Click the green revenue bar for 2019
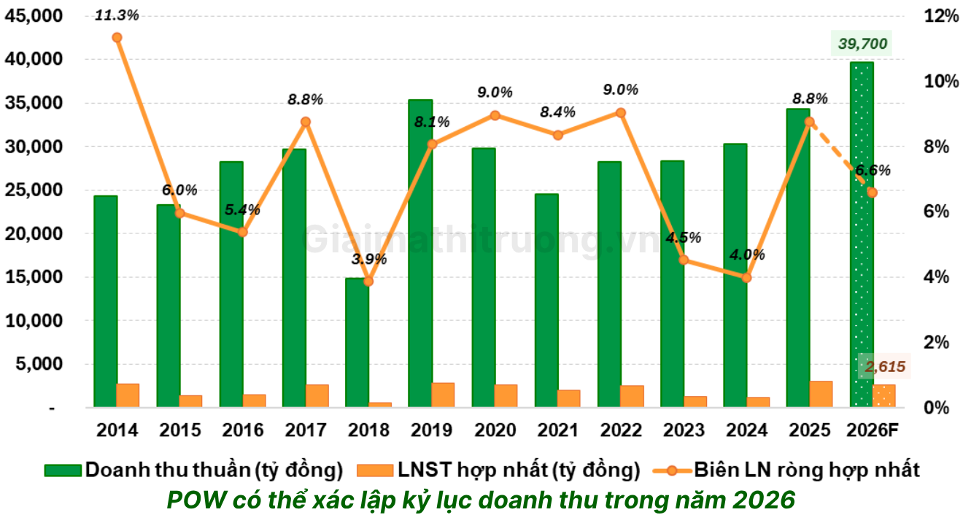(x=420, y=255)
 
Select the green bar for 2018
(x=357, y=343)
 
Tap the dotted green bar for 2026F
(x=862, y=233)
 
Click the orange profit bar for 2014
(x=128, y=395)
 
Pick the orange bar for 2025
(x=821, y=394)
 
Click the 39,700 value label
(x=862, y=44)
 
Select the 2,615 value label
(x=885, y=366)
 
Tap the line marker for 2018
(x=368, y=281)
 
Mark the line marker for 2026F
(x=872, y=193)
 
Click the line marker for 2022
(x=620, y=112)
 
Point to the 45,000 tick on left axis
(x=29, y=16)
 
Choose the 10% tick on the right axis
(x=941, y=81)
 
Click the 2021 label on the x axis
(x=558, y=430)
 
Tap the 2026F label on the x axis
(x=872, y=430)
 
